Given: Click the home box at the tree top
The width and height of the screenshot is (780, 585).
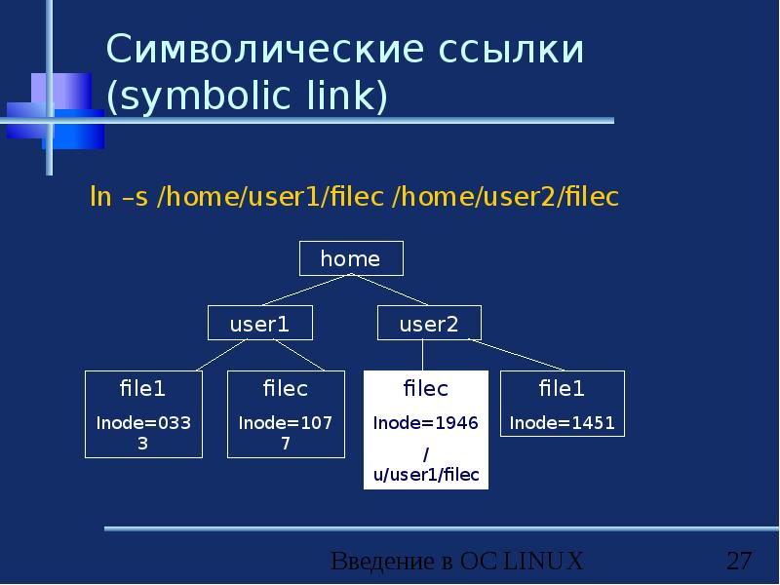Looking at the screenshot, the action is point(350,258).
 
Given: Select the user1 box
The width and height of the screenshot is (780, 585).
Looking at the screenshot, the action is point(259,325).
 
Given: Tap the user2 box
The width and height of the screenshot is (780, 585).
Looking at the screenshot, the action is point(428,325).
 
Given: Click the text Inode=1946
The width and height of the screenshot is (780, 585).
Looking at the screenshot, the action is point(425,424).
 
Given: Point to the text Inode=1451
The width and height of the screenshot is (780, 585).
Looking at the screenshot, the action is point(562,424).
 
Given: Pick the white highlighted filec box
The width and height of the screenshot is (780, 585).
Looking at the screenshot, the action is point(425,429).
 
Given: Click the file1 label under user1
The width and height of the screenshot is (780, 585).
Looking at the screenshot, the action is point(142,389).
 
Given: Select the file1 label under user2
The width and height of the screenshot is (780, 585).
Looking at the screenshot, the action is point(562,389).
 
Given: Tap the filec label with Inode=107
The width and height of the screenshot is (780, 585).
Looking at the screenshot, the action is point(285,389).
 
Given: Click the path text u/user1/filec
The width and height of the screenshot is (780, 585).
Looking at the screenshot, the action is point(426,475).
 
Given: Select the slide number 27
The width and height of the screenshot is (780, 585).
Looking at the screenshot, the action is point(739,562).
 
